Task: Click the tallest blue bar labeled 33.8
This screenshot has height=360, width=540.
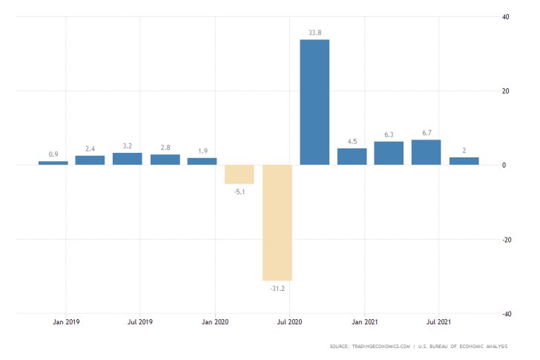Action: (x=315, y=102)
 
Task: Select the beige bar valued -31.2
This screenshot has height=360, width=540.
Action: (x=277, y=222)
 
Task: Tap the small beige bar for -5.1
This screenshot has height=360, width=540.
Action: (x=240, y=174)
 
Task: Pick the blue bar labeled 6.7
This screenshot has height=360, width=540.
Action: (x=426, y=152)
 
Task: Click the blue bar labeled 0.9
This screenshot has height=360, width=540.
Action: (x=53, y=163)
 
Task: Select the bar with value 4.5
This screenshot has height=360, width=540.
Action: (x=352, y=157)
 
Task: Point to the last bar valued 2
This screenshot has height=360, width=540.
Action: (x=464, y=161)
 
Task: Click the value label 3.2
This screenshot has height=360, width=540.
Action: (x=128, y=145)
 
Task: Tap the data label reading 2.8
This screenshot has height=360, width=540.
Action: (x=165, y=147)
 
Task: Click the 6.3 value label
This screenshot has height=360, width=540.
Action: (x=389, y=134)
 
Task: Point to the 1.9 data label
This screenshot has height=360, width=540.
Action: (x=202, y=151)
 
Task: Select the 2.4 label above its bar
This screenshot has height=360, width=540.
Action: (x=90, y=148)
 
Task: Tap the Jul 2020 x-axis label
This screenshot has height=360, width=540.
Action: (x=289, y=322)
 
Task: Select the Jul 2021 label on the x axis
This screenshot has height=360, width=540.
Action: (x=438, y=322)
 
